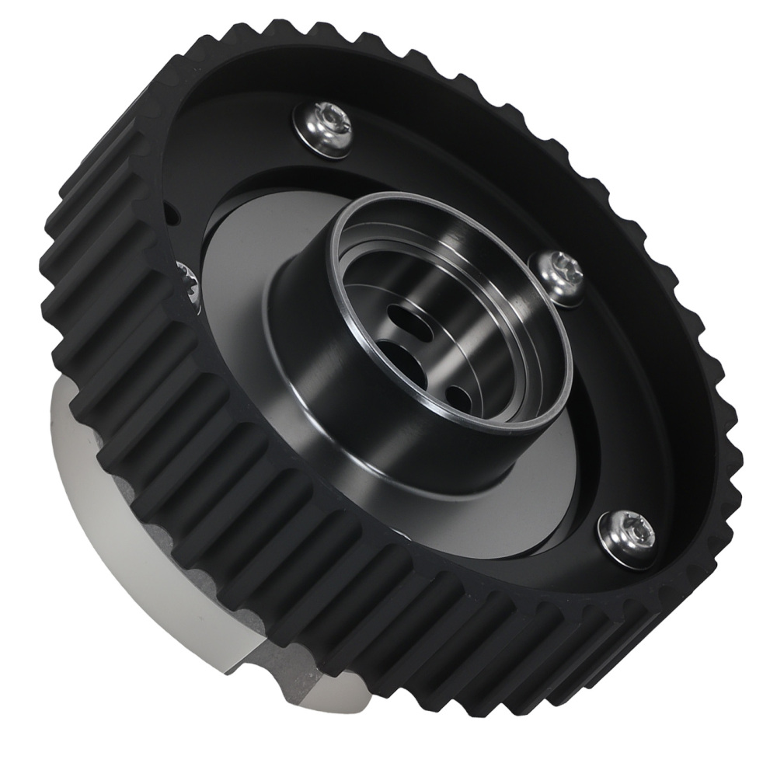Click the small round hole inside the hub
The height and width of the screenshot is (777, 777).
459,398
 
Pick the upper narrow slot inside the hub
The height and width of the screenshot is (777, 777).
407,317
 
